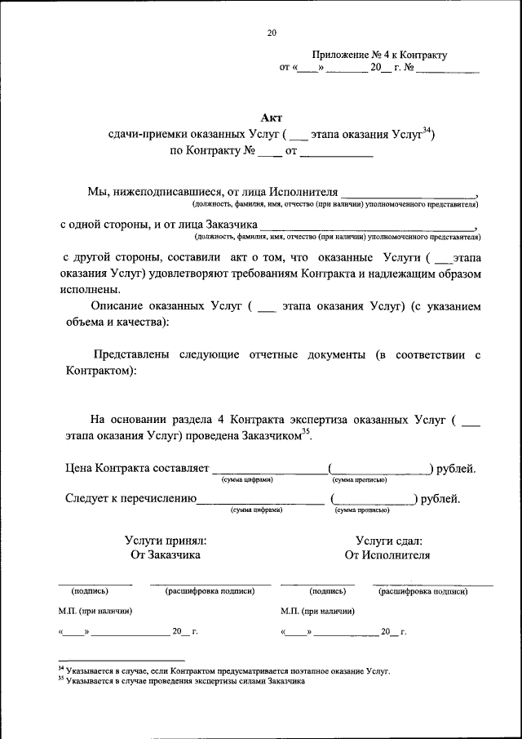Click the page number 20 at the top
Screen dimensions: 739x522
(x=272, y=33)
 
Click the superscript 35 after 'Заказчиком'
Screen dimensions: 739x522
(x=306, y=433)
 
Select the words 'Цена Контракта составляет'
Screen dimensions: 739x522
(x=137, y=469)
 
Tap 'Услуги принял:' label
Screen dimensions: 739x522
(x=166, y=540)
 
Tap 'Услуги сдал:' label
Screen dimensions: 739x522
(x=388, y=540)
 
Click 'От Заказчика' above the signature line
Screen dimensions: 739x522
(x=166, y=555)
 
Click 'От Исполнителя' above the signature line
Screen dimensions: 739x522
(x=387, y=555)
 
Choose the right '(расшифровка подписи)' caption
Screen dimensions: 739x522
(x=422, y=591)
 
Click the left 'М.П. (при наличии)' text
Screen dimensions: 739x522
(x=95, y=611)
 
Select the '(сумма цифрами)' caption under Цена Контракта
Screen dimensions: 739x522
(x=246, y=479)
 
